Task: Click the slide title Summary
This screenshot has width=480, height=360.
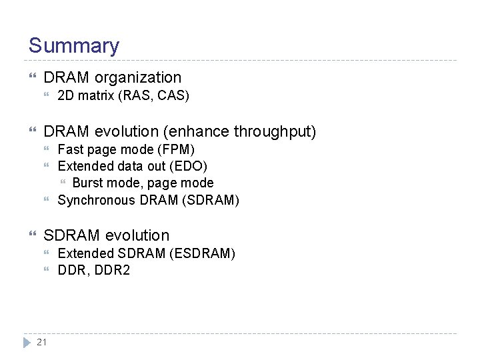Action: tap(73, 46)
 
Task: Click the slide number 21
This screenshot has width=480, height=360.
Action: tap(42, 342)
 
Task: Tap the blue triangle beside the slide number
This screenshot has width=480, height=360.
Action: tap(26, 342)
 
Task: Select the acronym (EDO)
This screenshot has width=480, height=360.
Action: tap(189, 166)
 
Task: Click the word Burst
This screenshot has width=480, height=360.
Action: tap(88, 183)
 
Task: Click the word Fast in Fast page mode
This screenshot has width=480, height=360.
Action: tap(70, 149)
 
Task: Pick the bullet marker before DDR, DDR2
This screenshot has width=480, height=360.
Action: tap(48, 271)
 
